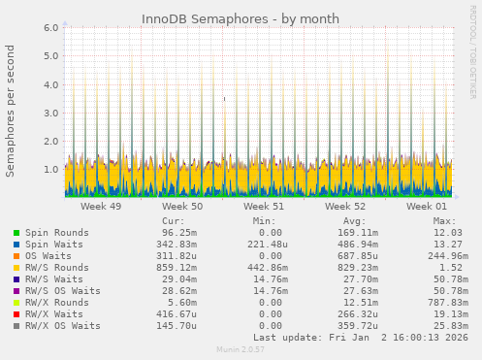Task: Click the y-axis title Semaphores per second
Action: coord(11,111)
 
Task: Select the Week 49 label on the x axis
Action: coord(101,207)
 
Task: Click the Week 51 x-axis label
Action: coord(264,207)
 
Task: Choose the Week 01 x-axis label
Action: coord(427,207)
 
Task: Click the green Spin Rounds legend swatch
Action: coord(16,233)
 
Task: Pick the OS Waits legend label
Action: coord(48,256)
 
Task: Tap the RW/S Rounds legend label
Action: coord(57,268)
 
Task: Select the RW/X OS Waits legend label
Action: coord(63,326)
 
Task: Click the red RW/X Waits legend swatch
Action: coord(16,314)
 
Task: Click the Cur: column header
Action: coord(174,221)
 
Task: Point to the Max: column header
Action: coord(445,221)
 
